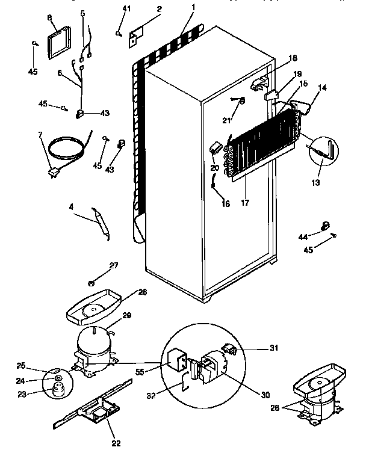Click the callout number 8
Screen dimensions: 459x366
[x=49, y=18]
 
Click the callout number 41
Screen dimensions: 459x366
[x=126, y=8]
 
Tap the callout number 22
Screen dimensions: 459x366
[x=116, y=443]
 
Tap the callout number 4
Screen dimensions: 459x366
[x=71, y=208]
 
